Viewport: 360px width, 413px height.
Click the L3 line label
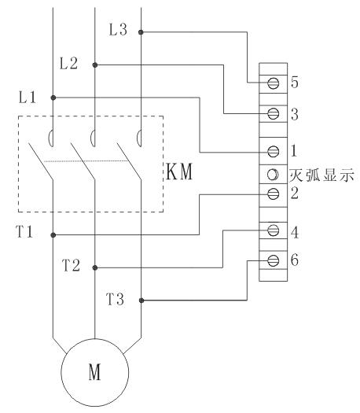click(118, 29)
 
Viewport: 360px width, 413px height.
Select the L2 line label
click(68, 64)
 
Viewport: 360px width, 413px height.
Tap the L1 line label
click(27, 98)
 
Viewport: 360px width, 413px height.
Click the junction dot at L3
click(141, 32)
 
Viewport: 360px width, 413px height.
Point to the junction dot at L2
click(95, 65)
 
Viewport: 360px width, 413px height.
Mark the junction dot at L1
click(53, 98)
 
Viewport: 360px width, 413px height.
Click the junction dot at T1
click(53, 235)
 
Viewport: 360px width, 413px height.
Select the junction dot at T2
click(95, 267)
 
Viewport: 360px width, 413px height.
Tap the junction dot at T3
click(141, 301)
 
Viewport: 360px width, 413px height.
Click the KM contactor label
click(180, 171)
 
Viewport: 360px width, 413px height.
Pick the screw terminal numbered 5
click(274, 83)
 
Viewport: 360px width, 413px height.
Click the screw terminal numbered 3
click(274, 114)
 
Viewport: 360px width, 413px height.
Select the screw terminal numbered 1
click(274, 151)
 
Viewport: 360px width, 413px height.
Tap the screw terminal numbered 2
click(274, 194)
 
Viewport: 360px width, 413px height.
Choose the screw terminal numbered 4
click(274, 230)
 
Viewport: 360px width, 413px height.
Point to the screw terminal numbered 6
click(274, 260)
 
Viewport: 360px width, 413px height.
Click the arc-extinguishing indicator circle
click(273, 175)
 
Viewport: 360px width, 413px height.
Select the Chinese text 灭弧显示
click(321, 175)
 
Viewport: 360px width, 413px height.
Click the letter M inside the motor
click(95, 372)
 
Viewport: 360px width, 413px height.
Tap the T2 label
click(71, 265)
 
